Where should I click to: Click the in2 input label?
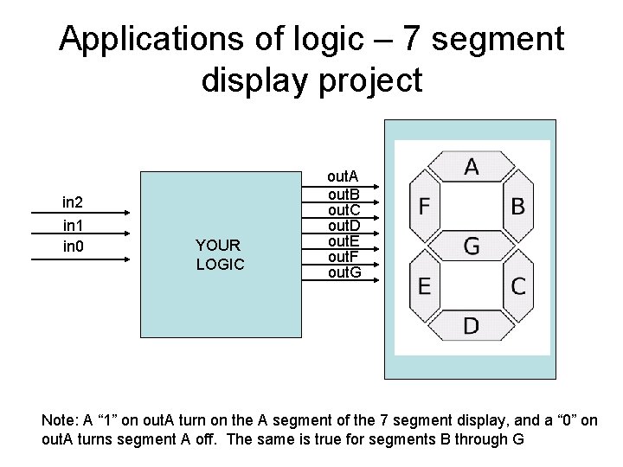tap(73, 202)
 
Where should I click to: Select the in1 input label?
tap(73, 225)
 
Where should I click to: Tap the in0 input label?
tap(73, 247)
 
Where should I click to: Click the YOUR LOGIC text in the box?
tap(220, 254)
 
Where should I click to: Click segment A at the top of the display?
tap(471, 166)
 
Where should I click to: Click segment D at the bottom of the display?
tap(471, 326)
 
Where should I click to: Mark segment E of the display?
tap(425, 285)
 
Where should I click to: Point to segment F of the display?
tap(425, 207)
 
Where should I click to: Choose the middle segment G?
tap(471, 246)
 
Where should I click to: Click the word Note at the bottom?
tap(59, 419)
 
